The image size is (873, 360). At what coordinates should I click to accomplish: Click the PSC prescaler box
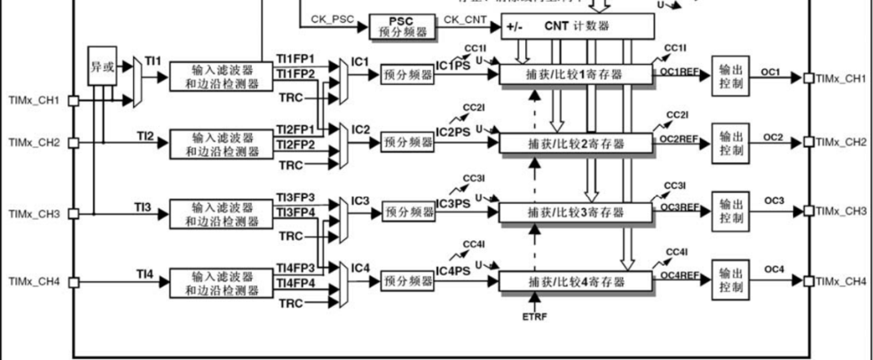click(397, 26)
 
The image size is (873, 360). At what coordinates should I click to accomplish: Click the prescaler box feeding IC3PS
click(407, 212)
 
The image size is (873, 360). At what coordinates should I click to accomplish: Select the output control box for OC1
click(728, 76)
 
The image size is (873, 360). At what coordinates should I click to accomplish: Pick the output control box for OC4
click(728, 280)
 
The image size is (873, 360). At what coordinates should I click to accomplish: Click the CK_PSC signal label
click(330, 19)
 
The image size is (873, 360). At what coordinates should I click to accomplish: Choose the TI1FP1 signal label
click(295, 58)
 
